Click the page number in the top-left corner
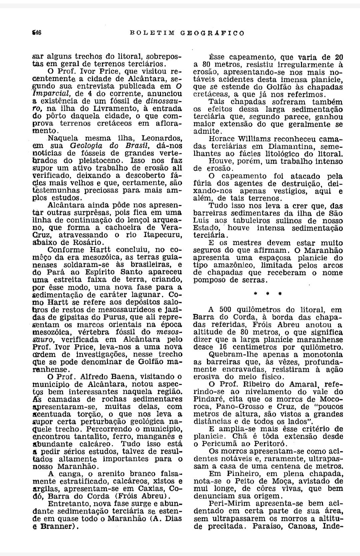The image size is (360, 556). tap(36, 33)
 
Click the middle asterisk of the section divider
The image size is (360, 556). tap(268, 294)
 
